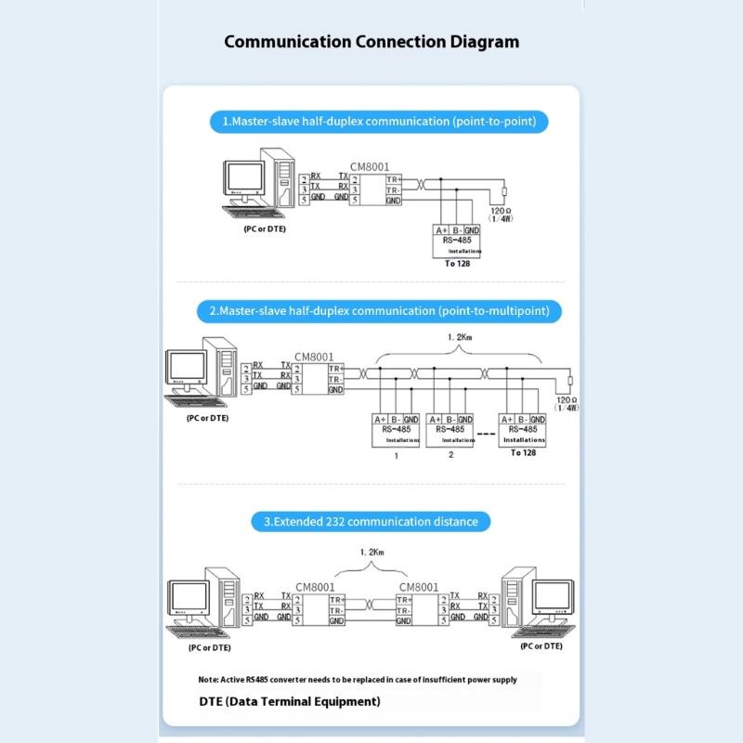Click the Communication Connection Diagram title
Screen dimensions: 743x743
371,42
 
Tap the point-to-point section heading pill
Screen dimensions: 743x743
378,121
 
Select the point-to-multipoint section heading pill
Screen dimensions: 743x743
379,310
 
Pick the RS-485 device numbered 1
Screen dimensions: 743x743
397,430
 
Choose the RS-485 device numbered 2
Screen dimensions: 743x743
450,430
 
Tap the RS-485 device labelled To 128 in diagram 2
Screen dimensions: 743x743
523,430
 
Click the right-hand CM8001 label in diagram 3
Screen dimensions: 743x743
418,587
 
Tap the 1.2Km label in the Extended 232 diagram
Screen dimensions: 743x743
371,552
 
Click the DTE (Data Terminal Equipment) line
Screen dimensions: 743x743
290,701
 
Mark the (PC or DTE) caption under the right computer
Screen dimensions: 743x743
541,645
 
